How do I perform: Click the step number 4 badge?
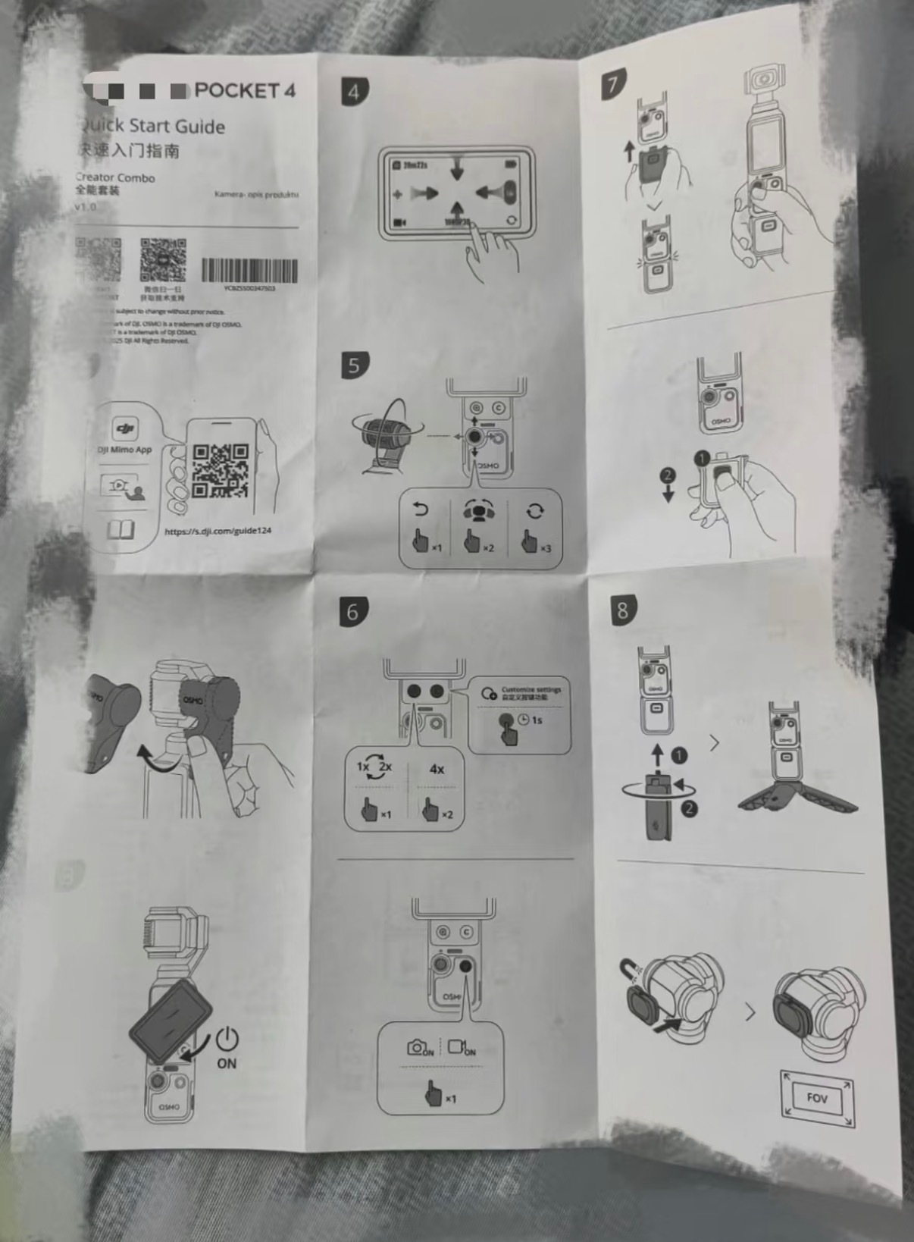pyautogui.click(x=354, y=92)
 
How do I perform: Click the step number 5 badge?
pyautogui.click(x=354, y=365)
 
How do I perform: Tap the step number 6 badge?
pyautogui.click(x=352, y=611)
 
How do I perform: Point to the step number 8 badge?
pyautogui.click(x=623, y=610)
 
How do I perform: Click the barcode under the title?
pyautogui.click(x=249, y=270)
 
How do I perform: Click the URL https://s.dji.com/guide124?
pyautogui.click(x=218, y=531)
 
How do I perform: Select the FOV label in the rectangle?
pyautogui.click(x=816, y=1097)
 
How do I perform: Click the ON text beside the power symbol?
pyautogui.click(x=227, y=1063)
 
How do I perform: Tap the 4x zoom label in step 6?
pyautogui.click(x=437, y=769)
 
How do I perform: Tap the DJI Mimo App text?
pyautogui.click(x=124, y=450)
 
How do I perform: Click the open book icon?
pyautogui.click(x=121, y=528)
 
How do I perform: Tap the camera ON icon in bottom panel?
pyautogui.click(x=420, y=1048)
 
